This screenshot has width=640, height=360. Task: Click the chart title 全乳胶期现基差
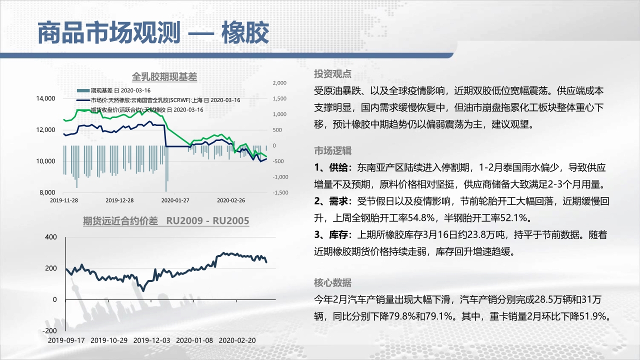164,77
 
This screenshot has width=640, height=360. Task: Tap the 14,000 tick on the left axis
45,98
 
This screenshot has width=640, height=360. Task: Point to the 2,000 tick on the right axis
279,83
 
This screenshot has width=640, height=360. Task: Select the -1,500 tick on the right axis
280,192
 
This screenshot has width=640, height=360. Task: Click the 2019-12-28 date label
119,200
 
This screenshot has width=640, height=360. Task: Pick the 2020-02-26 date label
231,200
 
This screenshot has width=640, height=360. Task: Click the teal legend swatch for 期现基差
83,90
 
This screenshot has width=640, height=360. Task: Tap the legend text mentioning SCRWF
165,100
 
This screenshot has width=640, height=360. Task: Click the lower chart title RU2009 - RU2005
207,221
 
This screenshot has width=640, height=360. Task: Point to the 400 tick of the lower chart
51,237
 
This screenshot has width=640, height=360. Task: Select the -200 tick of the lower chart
49,330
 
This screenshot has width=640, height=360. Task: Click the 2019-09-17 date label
66,340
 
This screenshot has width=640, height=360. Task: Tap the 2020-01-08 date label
194,340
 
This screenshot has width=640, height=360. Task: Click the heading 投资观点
332,74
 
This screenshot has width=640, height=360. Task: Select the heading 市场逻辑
332,150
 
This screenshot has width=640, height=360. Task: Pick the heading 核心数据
332,282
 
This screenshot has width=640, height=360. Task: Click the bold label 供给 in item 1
338,167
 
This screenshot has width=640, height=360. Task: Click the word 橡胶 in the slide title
245,33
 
